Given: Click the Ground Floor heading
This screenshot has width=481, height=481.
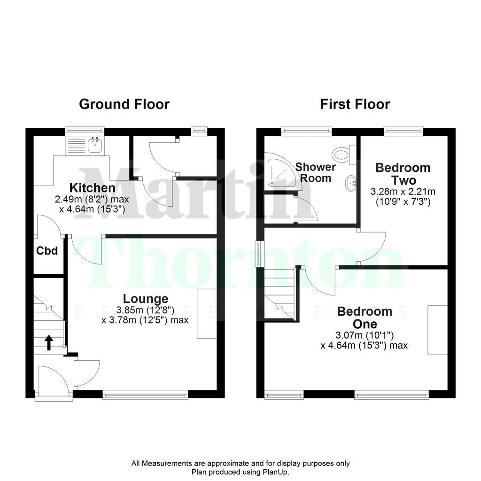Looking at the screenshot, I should pos(124,104).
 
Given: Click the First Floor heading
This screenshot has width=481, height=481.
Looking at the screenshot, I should pos(355,104).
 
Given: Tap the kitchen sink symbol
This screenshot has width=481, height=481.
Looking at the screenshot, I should pos(95,145).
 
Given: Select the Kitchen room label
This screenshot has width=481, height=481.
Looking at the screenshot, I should pos(92,188).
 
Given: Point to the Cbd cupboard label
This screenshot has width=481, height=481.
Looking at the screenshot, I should pos(47,251).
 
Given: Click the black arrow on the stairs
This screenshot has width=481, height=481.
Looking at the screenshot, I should pos(48,342).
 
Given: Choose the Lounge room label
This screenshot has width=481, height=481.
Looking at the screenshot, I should pos(145,298).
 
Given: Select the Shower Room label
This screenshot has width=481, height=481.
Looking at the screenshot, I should pos(316,172).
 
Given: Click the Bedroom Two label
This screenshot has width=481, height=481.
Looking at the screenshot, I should pos(403,174).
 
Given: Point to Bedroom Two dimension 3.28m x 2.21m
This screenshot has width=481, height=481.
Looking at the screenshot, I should pos(403,192).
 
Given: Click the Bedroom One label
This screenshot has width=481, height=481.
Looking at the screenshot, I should pos(365,318).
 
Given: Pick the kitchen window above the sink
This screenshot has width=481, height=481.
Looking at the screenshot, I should pos(85,130).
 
